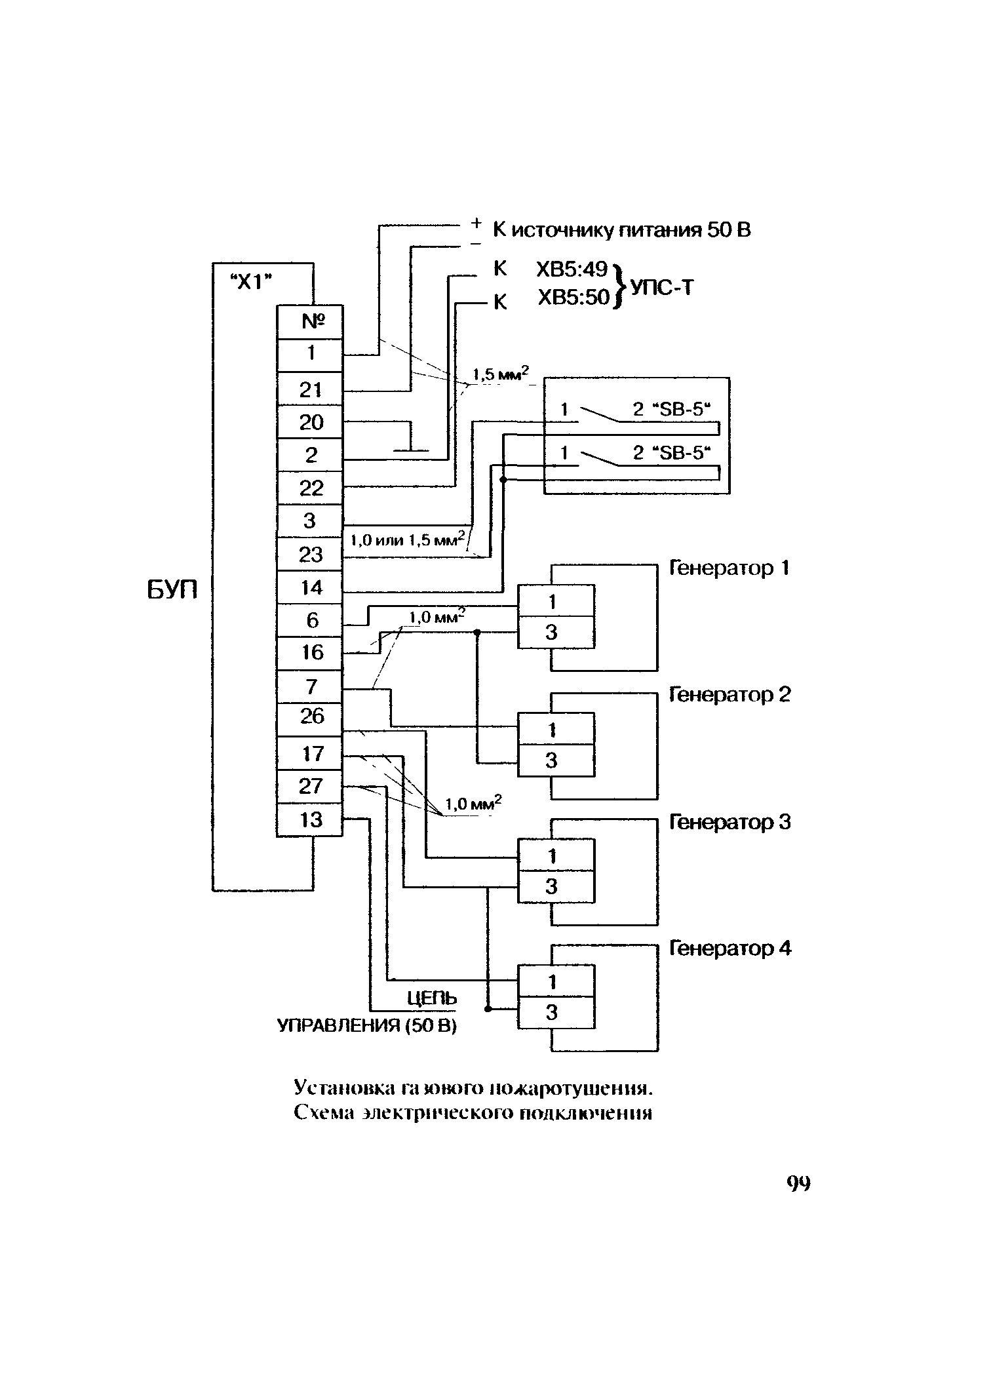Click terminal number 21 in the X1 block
pos(310,390)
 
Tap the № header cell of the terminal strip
pos(310,322)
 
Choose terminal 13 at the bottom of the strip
pos(310,820)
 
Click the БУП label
pos(171,591)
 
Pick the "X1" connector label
pos(253,282)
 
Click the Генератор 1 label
pos(728,568)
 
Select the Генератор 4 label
pos(730,949)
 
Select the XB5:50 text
pos(573,299)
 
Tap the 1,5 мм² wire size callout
pos(500,376)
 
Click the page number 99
pos(798,1183)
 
